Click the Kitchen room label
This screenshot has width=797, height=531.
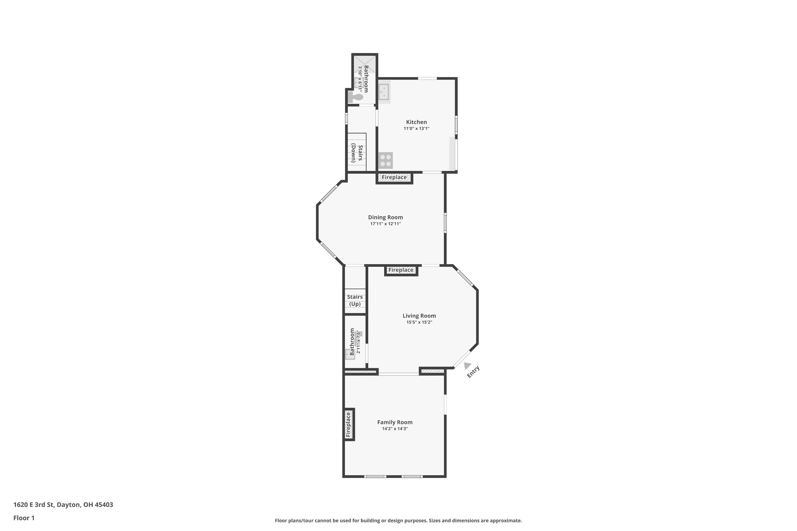(x=416, y=122)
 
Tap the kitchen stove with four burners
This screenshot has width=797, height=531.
(x=386, y=160)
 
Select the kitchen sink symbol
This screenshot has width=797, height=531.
(x=384, y=92)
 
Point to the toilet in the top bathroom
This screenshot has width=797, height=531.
(x=355, y=97)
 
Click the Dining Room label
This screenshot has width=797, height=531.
(x=385, y=217)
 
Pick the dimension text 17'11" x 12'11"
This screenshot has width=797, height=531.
(x=385, y=224)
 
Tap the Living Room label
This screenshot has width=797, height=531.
(x=419, y=316)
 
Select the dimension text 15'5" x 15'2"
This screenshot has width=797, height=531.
(x=419, y=322)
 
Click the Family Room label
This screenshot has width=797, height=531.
(x=395, y=422)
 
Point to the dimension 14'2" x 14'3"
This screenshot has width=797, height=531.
(x=395, y=429)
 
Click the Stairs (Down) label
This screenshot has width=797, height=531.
(x=357, y=153)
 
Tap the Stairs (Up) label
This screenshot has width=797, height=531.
(x=355, y=300)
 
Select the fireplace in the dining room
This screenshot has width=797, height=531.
(x=394, y=177)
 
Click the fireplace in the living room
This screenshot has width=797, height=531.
(x=401, y=270)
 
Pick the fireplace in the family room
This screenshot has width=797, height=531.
(x=349, y=424)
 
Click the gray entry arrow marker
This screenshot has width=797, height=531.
(x=467, y=366)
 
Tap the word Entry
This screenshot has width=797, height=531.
(x=473, y=372)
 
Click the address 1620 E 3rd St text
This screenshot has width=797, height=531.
(x=63, y=505)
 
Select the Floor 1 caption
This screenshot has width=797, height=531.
(x=24, y=518)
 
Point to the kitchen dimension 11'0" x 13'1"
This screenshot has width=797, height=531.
(x=416, y=129)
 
